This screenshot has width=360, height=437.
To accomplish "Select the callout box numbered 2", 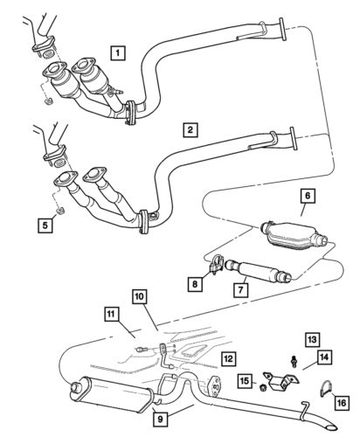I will [190, 131].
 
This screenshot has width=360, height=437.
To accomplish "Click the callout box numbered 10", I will [140, 297].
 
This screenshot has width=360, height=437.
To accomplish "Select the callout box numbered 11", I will [110, 312].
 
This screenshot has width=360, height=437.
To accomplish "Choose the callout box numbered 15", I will [245, 382].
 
